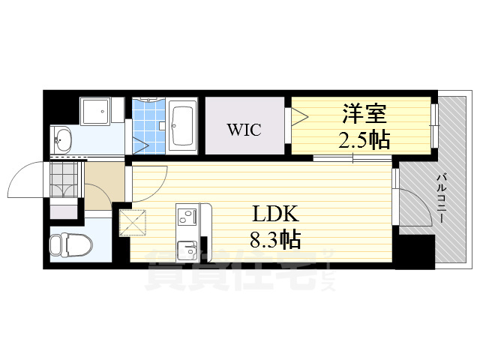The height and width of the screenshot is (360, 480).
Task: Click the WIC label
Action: pos(244,130)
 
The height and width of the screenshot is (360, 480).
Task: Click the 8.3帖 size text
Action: pos(275,240)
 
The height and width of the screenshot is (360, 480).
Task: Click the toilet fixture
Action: pos(69,244)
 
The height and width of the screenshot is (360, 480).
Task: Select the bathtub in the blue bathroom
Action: pos(182,124)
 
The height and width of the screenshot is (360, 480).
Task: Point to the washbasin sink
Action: pos(63,139)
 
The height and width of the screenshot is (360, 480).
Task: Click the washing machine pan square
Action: pos(95,113)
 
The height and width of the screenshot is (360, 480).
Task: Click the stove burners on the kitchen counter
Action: pos(185,217)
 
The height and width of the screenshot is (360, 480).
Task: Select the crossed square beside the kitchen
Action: pos(132,223)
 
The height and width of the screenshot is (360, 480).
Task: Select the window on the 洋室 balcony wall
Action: pos(433,124)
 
